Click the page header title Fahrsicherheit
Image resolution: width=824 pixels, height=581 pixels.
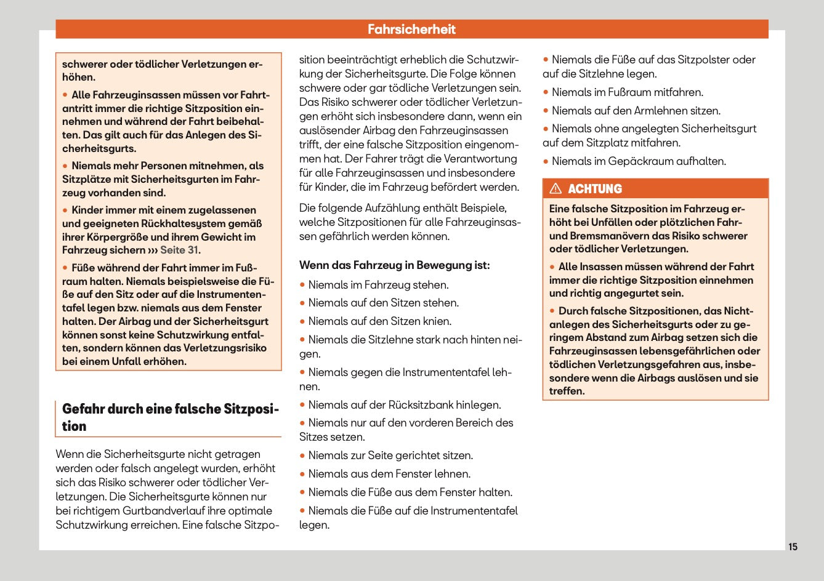(x=411, y=29)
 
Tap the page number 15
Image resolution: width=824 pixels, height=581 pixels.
(x=793, y=547)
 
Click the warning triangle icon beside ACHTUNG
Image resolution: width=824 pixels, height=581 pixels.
(x=555, y=189)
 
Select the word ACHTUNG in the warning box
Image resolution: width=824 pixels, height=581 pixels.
(x=595, y=189)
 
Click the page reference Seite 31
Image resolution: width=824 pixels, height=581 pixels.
(x=179, y=250)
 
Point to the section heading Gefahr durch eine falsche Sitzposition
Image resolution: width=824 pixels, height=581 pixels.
(x=170, y=417)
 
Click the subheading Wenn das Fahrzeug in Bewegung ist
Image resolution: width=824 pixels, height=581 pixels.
(x=394, y=265)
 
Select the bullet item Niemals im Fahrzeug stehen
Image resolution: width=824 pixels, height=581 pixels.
(x=378, y=285)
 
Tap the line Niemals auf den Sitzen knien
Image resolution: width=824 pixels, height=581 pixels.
(x=379, y=321)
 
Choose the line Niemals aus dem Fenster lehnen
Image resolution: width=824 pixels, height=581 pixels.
(x=389, y=474)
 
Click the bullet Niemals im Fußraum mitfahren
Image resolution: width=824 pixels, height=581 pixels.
(x=627, y=92)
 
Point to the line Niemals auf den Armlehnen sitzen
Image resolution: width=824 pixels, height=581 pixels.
(x=636, y=111)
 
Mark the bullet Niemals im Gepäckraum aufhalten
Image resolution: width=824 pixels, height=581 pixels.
(x=639, y=161)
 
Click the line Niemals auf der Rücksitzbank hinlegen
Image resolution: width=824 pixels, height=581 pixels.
(x=404, y=405)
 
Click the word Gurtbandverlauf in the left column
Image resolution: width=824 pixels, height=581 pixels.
(x=162, y=511)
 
